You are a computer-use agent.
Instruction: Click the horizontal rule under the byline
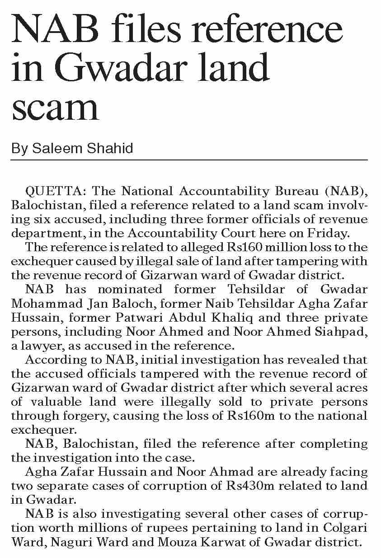point(189,160)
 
